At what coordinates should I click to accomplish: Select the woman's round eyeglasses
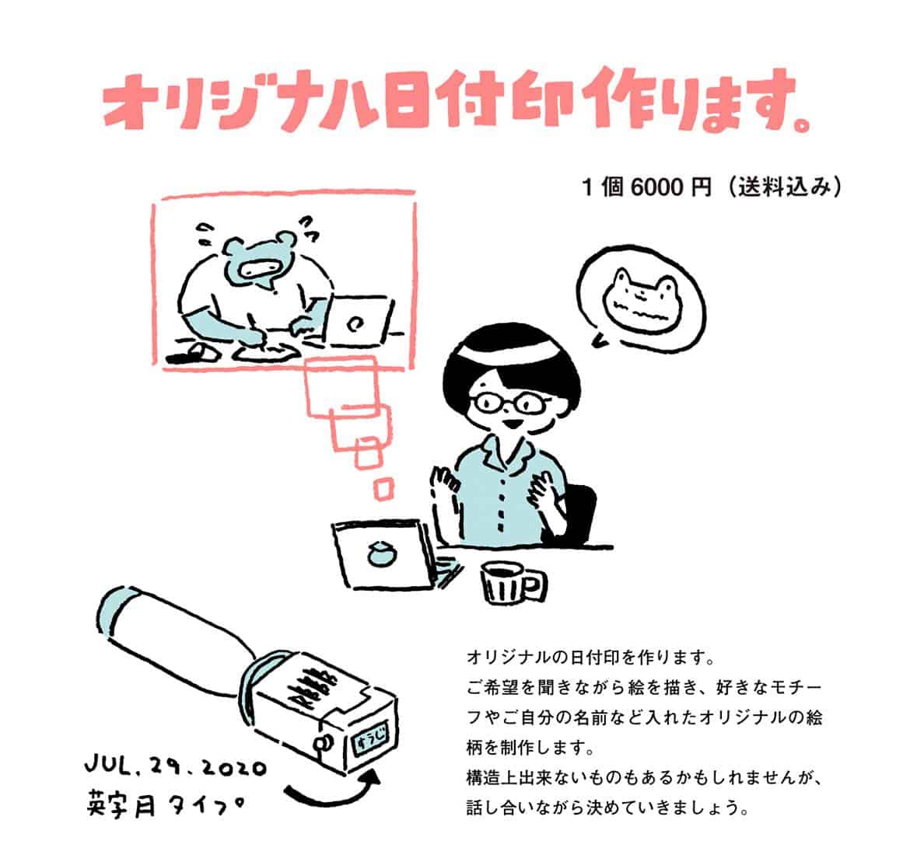coord(511,402)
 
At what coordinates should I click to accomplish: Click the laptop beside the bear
coord(358,321)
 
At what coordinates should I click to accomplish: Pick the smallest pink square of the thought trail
coord(383,489)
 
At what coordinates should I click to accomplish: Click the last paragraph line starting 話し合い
coord(607,807)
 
